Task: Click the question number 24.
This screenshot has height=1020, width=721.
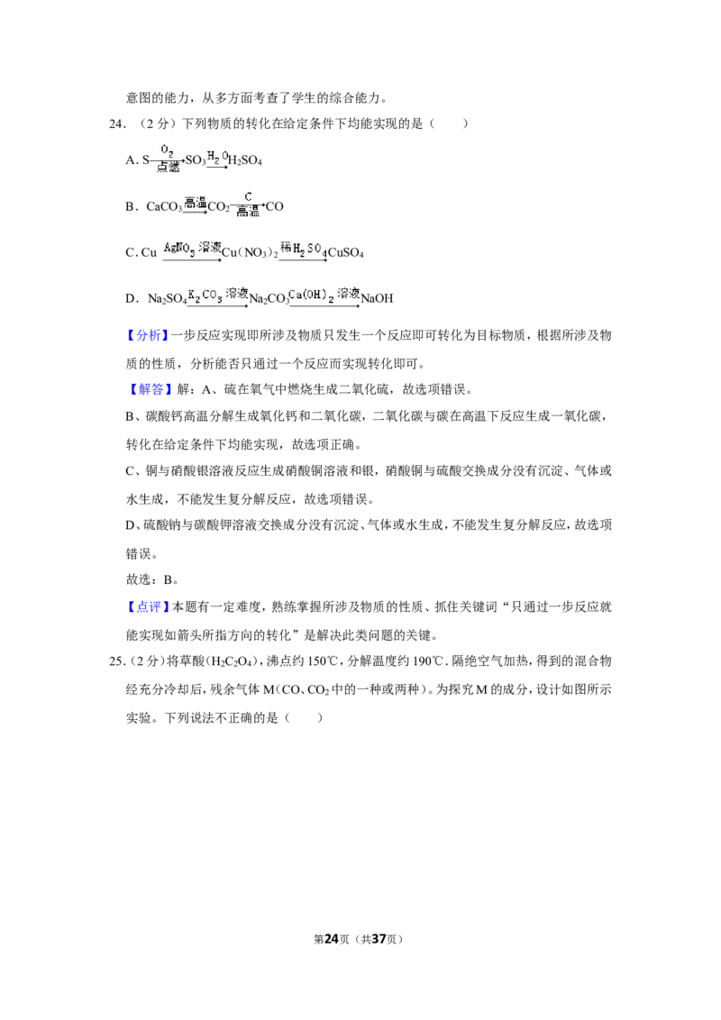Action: pos(117,123)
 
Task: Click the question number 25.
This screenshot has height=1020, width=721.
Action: pos(117,661)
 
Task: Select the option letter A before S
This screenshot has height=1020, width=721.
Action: pos(132,160)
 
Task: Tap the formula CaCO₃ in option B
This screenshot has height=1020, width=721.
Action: pos(164,207)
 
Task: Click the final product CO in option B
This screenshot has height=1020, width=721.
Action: pos(275,207)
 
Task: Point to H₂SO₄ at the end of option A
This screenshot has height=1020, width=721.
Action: pos(244,160)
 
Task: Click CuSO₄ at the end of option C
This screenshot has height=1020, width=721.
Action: pos(345,253)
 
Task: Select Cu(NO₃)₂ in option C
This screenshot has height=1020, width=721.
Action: pos(250,253)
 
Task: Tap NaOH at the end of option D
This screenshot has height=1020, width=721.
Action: pos(378,298)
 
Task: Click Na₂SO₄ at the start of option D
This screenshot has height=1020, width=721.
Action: pos(168,299)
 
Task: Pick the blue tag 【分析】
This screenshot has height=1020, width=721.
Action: pos(148,336)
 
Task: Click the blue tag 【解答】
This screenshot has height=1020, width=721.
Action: pos(148,389)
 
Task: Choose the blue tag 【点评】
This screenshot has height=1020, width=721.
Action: pos(148,607)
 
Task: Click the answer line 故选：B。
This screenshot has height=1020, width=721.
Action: pos(152,579)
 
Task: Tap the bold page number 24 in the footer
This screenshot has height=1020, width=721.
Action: pos(332,939)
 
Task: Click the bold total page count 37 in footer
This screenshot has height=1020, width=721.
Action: pos(379,939)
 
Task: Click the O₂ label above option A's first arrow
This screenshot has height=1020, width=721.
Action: pos(168,150)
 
